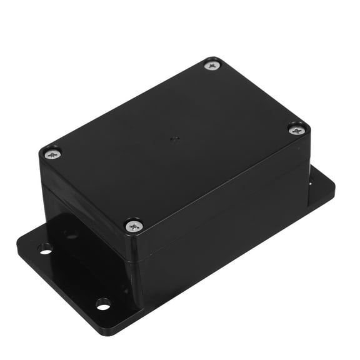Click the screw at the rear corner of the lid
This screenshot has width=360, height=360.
(x=212, y=64)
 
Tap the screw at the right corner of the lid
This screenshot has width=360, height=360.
(x=297, y=130)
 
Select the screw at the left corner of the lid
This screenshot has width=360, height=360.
(x=53, y=152)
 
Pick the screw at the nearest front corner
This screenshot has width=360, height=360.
(x=133, y=226)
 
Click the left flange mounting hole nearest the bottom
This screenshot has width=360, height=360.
(x=103, y=304)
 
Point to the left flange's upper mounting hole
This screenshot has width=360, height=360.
(x=45, y=249)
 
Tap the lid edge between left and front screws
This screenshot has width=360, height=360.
(x=91, y=191)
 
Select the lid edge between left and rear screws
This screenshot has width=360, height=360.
(x=128, y=106)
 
